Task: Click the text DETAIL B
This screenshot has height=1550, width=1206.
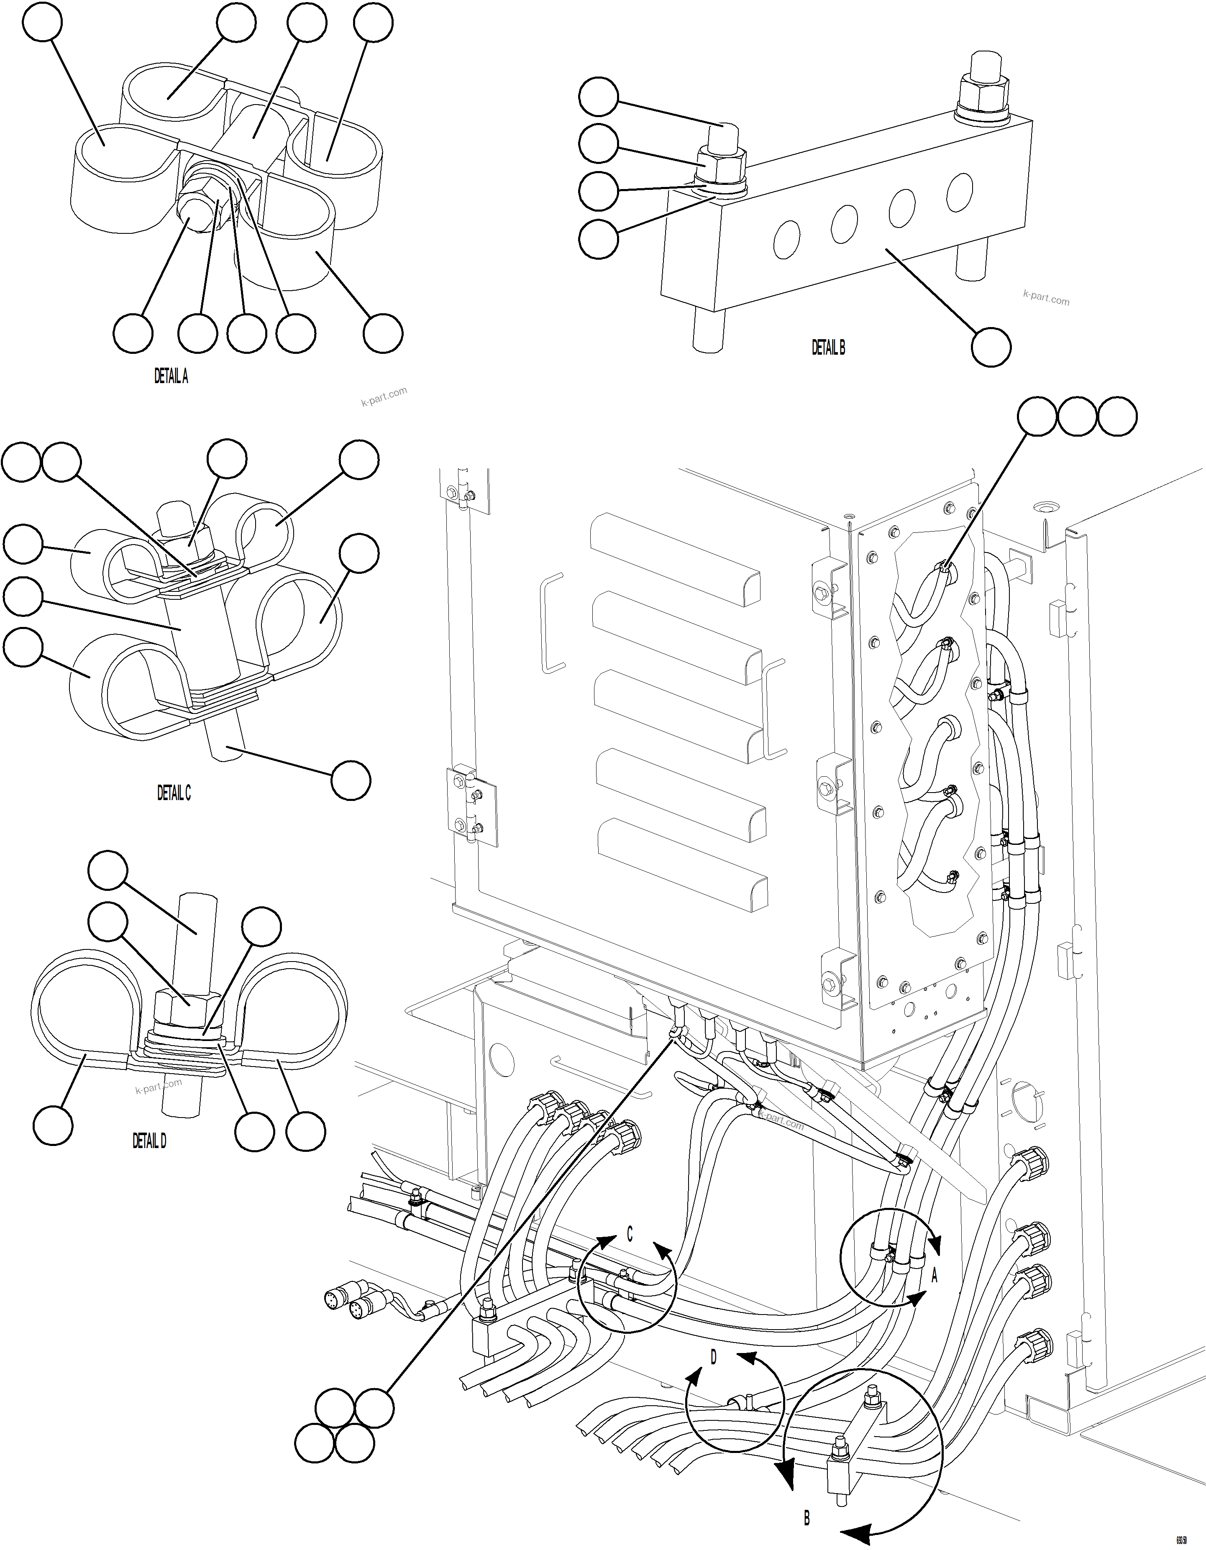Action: (x=828, y=347)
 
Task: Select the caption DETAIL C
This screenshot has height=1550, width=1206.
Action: (x=174, y=793)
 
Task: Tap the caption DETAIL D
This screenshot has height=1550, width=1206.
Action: (x=149, y=1141)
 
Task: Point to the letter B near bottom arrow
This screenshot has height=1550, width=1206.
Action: (x=807, y=1518)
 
